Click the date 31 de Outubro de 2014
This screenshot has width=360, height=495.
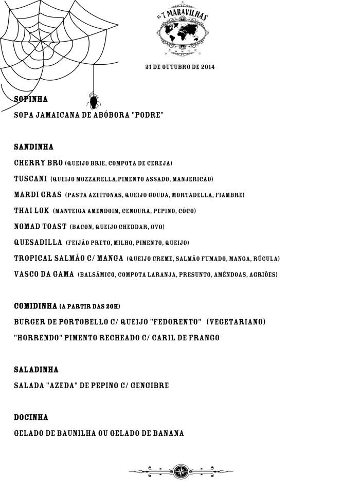click(x=180, y=67)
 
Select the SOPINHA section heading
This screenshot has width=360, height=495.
click(x=31, y=99)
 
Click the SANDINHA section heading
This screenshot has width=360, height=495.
click(x=33, y=147)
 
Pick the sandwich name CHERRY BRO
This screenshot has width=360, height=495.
click(x=39, y=163)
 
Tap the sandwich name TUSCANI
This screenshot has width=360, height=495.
click(x=31, y=179)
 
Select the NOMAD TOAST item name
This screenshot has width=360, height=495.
click(x=40, y=227)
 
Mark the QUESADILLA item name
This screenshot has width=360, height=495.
click(x=38, y=243)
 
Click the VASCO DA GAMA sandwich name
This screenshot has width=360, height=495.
click(x=44, y=274)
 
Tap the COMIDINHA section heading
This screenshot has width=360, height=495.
click(x=35, y=306)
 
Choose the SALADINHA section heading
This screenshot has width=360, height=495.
click(x=36, y=370)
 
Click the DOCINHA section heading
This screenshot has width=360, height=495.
click(x=31, y=417)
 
